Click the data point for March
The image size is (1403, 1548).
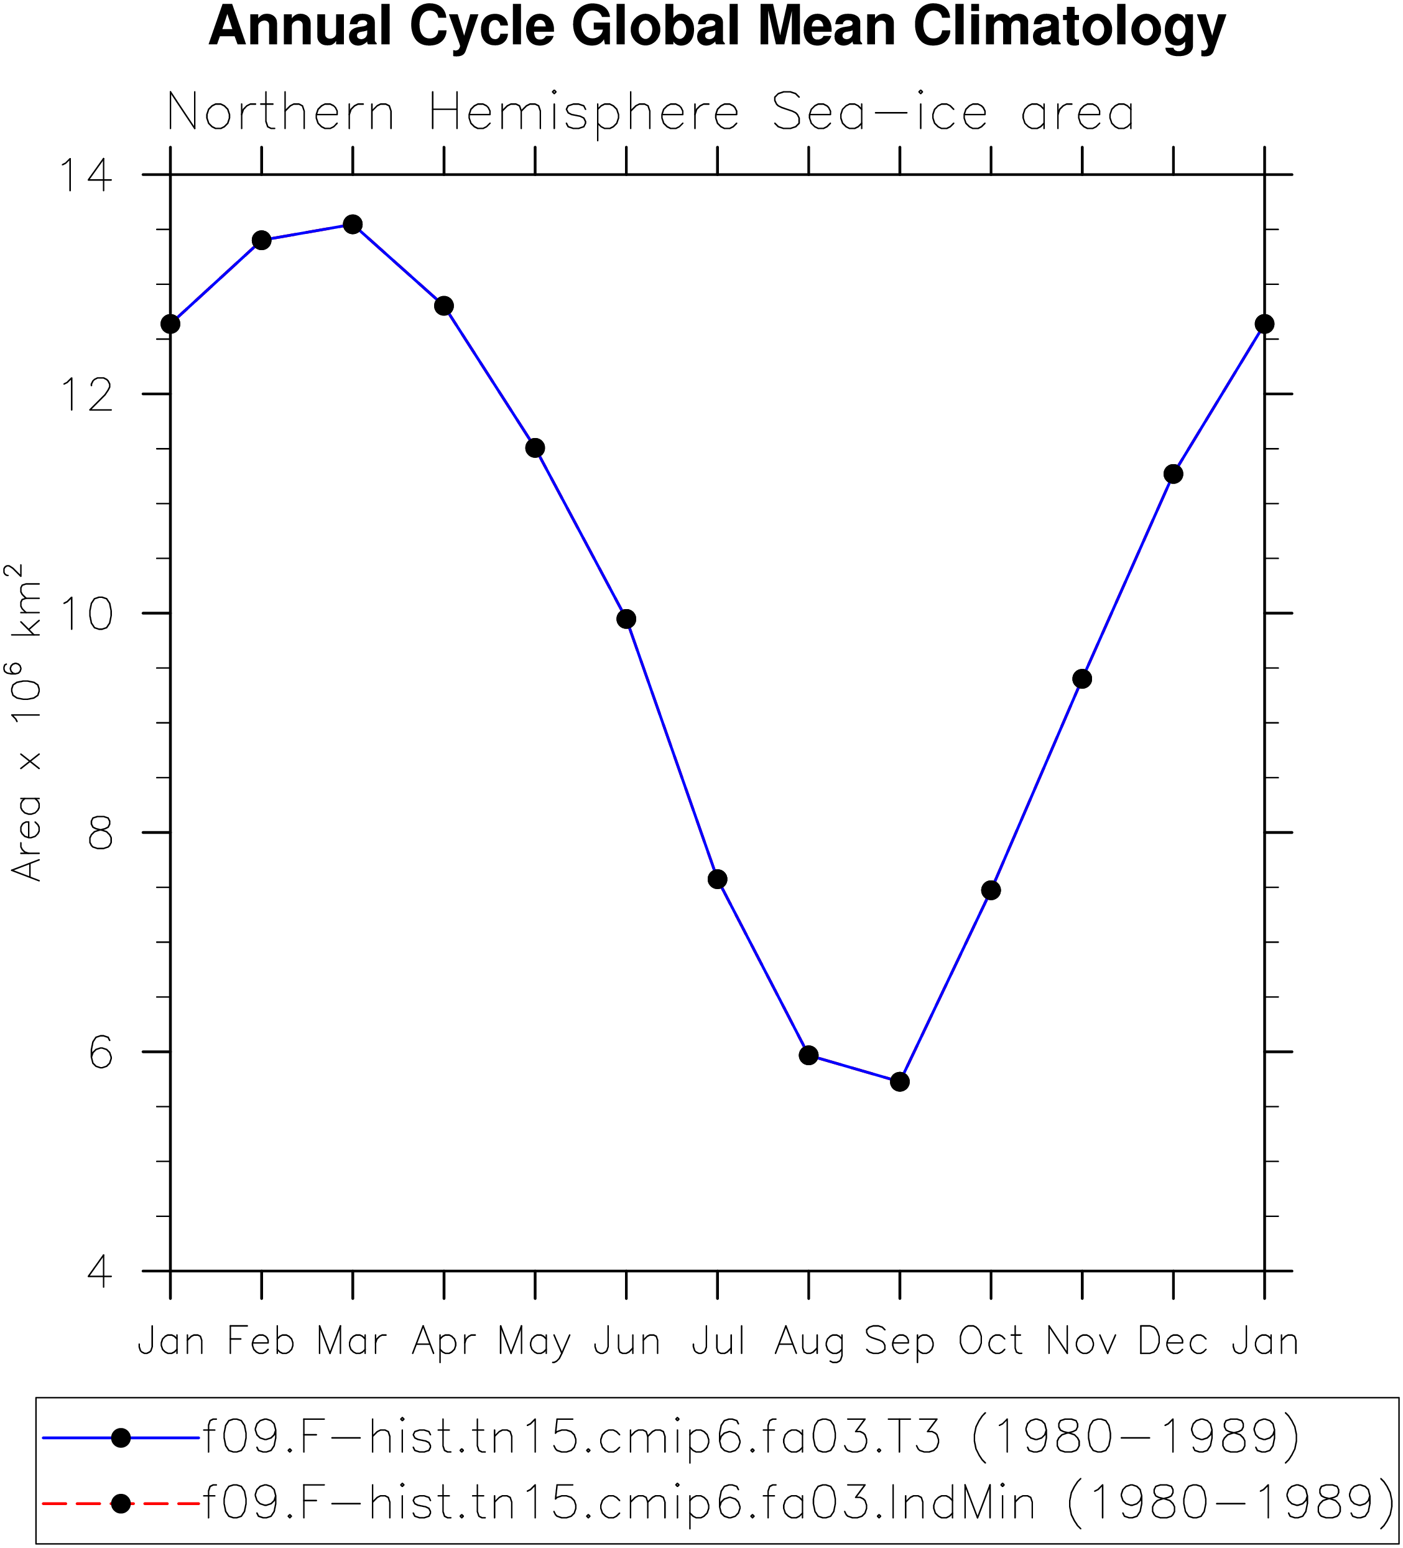tap(352, 224)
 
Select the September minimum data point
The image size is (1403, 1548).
tap(899, 1081)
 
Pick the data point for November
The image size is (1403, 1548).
tap(1082, 679)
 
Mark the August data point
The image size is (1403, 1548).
tap(808, 1055)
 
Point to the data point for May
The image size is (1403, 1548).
tap(535, 447)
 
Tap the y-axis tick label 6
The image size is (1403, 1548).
tap(101, 1051)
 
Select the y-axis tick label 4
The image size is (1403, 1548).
tap(101, 1271)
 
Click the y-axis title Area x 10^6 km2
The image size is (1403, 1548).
tap(25, 722)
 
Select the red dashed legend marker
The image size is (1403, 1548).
tap(121, 1503)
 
